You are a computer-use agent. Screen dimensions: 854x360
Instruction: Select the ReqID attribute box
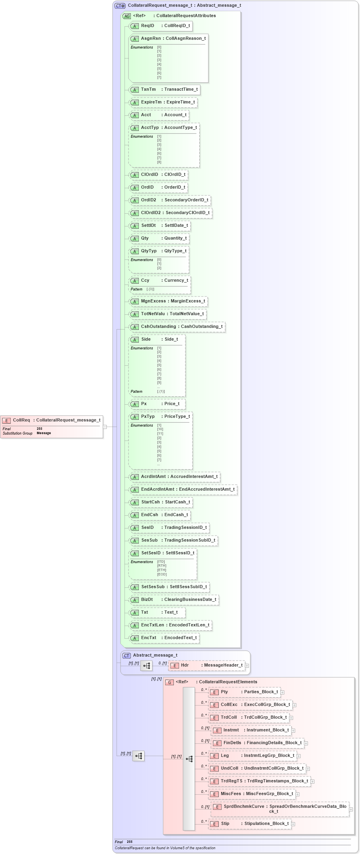[x=161, y=26]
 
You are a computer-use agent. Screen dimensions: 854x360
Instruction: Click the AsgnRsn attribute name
[x=151, y=39]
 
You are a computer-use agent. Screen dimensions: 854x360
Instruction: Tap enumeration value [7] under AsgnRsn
[x=159, y=77]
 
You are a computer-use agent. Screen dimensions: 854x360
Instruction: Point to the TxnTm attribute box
[x=165, y=90]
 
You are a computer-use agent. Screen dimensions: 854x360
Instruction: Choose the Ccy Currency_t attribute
[x=160, y=281]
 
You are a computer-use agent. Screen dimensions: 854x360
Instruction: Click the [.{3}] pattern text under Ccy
[x=150, y=289]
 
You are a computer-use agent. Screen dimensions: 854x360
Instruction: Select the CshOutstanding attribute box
[x=177, y=327]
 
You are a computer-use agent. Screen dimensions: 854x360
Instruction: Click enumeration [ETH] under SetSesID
[x=162, y=570]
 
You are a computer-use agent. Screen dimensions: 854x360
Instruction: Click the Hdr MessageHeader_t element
[x=206, y=665]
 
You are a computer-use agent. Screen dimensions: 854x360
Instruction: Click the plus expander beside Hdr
[x=247, y=665]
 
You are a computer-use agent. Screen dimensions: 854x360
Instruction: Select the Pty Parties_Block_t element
[x=245, y=692]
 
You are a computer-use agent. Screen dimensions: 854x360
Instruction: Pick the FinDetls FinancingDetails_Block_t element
[x=258, y=743]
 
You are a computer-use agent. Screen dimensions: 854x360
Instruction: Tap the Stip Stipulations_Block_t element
[x=250, y=824]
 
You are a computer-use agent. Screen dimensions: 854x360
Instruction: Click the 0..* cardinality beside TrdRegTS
[x=204, y=779]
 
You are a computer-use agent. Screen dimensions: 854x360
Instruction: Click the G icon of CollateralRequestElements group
[x=169, y=682]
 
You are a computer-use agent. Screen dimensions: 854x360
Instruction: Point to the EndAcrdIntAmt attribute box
[x=183, y=489]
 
